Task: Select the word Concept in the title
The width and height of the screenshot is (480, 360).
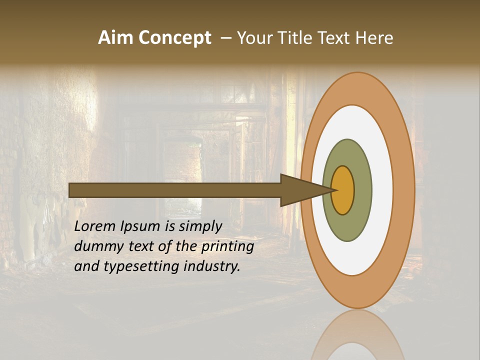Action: tap(175, 38)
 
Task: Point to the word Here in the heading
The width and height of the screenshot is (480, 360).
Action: tap(375, 38)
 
